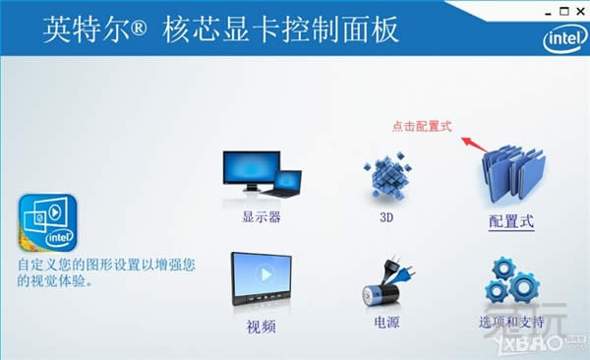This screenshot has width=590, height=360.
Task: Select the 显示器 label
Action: [x=262, y=217]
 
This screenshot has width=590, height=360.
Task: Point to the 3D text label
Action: [x=384, y=217]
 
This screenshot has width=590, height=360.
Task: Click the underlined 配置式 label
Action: [x=511, y=221]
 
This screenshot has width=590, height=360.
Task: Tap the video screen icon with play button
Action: [x=262, y=278]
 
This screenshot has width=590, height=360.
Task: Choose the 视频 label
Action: [x=262, y=325]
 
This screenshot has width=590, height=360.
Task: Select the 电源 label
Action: [x=386, y=322]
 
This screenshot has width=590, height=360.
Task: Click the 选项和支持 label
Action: [x=511, y=323]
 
